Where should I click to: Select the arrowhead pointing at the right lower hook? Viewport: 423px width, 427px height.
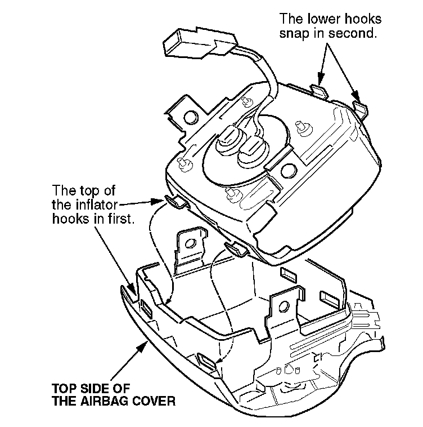point(356,99)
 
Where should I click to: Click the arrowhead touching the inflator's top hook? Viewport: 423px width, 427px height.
point(157,202)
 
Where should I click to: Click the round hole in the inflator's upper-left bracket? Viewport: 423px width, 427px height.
point(191,117)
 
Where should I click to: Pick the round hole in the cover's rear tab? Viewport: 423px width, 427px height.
point(191,243)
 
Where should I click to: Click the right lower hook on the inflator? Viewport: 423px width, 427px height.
point(361,109)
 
